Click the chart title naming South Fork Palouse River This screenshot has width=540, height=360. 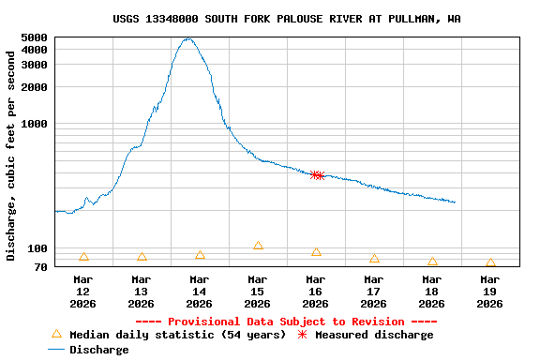286,19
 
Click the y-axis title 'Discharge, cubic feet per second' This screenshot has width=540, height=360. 11,156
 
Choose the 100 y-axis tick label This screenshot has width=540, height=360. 37,248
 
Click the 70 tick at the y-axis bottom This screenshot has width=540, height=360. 39,267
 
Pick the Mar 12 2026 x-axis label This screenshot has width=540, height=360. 82,291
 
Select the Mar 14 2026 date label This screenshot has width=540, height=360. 199,291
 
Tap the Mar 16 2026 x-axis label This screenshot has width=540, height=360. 315,291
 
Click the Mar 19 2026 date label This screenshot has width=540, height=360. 489,291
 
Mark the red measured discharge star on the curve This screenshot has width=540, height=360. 317,174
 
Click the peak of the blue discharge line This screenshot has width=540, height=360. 189,38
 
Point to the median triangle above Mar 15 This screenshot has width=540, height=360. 258,246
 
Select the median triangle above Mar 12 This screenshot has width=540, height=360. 83,257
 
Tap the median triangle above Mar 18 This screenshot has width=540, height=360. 432,262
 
